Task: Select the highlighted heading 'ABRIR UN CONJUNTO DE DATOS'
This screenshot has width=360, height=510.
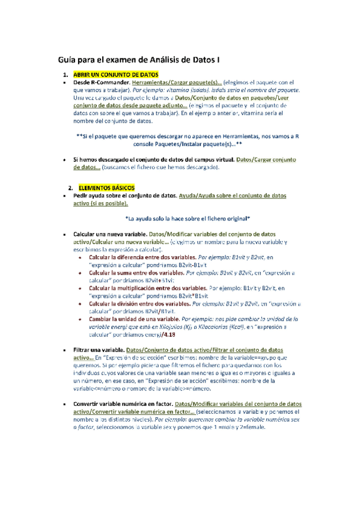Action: click(x=115, y=74)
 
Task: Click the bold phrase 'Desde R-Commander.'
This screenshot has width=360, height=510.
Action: click(x=101, y=82)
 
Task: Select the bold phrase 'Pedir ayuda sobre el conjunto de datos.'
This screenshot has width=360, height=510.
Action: click(x=124, y=195)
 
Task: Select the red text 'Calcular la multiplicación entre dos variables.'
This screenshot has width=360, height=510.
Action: click(x=148, y=287)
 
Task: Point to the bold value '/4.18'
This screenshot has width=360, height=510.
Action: click(x=169, y=334)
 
